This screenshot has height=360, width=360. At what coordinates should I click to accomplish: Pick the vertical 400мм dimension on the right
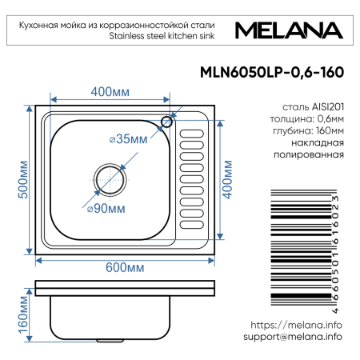[x=227, y=183]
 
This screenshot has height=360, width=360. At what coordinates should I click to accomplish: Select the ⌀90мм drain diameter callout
[x=106, y=209]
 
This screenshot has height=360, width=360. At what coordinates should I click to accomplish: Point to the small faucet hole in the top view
[x=167, y=122]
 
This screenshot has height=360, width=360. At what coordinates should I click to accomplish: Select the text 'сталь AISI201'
[x=313, y=106]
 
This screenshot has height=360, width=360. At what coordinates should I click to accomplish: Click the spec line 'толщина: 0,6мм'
[x=308, y=118]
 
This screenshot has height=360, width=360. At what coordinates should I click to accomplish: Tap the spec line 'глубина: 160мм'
[x=308, y=131]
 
